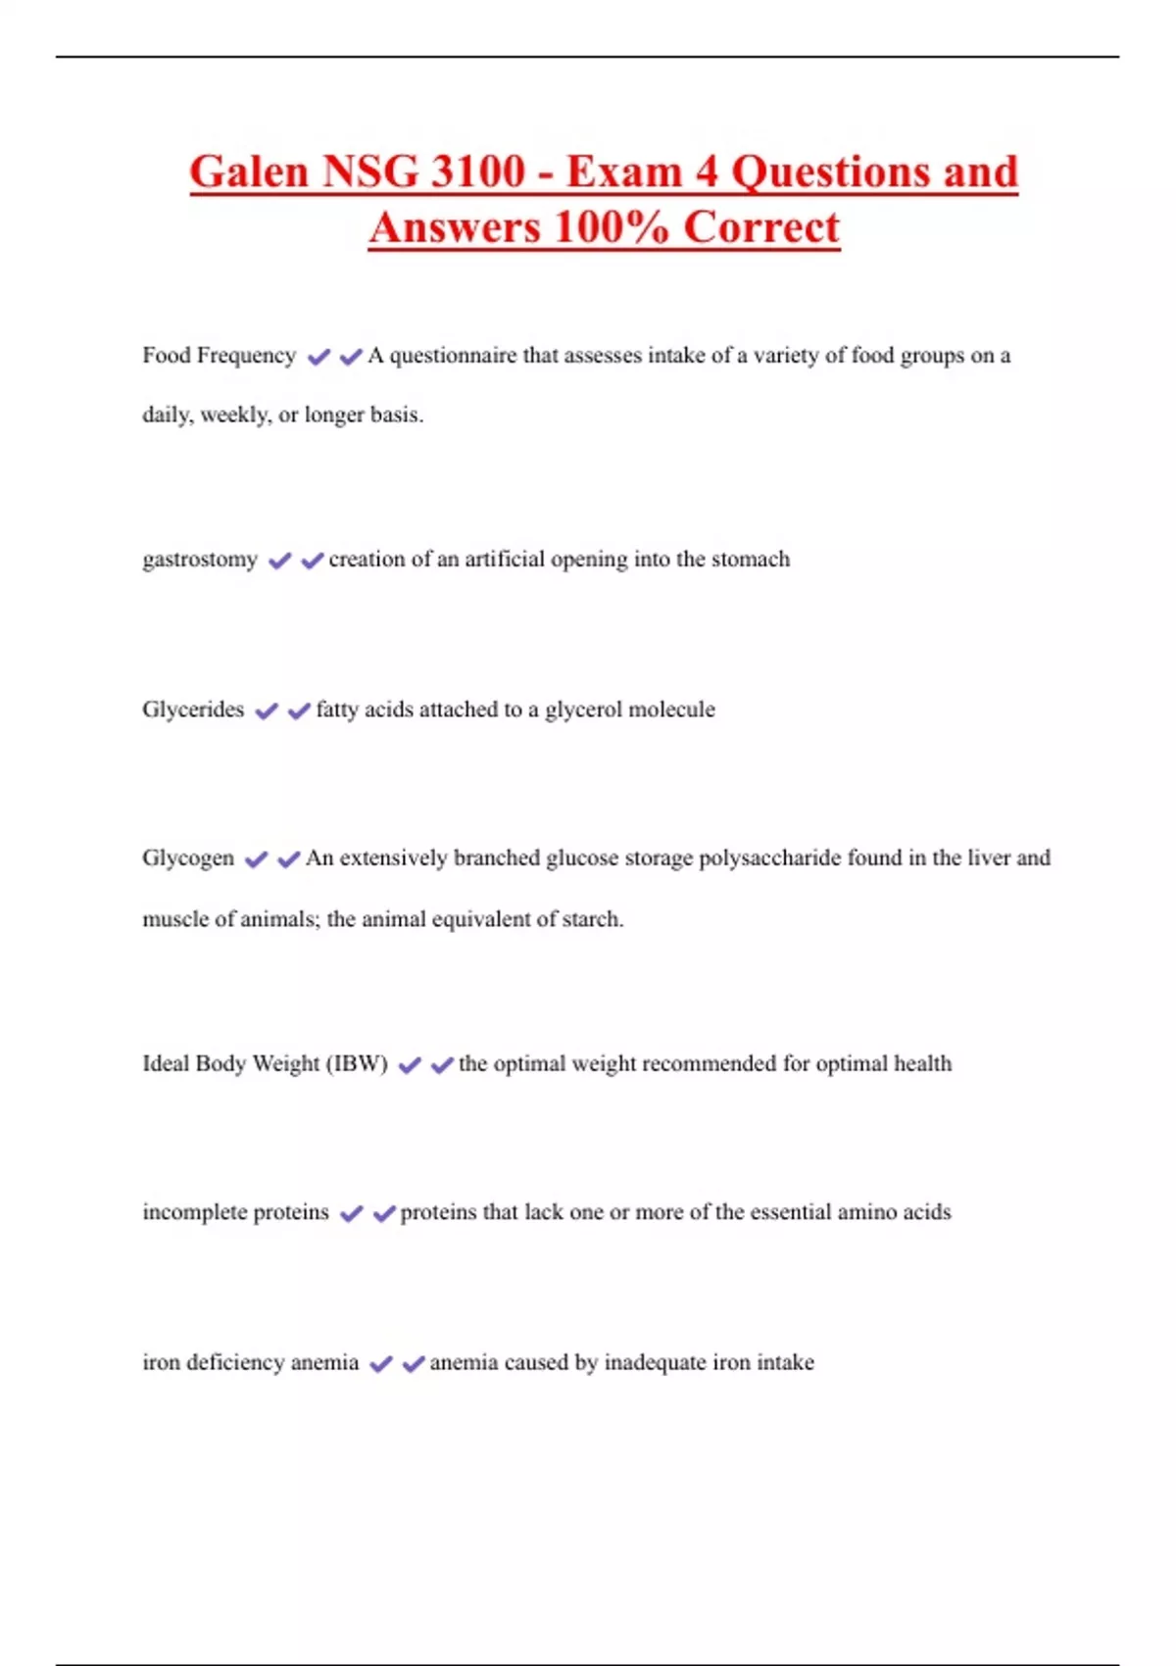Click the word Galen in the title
click(249, 172)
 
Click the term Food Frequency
click(219, 356)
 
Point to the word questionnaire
click(453, 356)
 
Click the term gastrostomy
click(200, 560)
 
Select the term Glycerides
click(193, 710)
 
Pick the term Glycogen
click(188, 858)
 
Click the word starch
click(591, 919)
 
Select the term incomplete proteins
click(235, 1212)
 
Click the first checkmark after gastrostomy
click(279, 561)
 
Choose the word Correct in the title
click(761, 228)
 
